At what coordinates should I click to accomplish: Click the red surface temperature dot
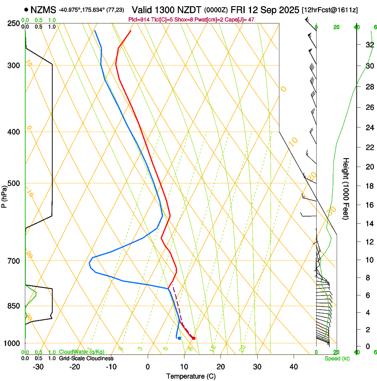pyautogui.click(x=193, y=338)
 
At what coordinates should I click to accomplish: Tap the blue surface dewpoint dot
pyautogui.click(x=179, y=338)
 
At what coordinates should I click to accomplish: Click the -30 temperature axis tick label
pyautogui.click(x=39, y=367)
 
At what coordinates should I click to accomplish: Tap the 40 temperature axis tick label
pyautogui.click(x=293, y=367)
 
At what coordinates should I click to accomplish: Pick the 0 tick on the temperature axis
pyautogui.click(x=148, y=367)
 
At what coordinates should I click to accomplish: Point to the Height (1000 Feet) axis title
pyautogui.click(x=346, y=188)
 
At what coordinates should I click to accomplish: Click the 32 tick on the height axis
pyautogui.click(x=369, y=45)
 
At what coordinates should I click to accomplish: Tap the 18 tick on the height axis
pyautogui.click(x=369, y=186)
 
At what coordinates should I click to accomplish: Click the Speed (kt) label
pyautogui.click(x=337, y=358)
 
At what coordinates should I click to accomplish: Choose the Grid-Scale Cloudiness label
pyautogui.click(x=86, y=358)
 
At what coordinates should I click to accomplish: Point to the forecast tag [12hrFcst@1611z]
pyautogui.click(x=330, y=9)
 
